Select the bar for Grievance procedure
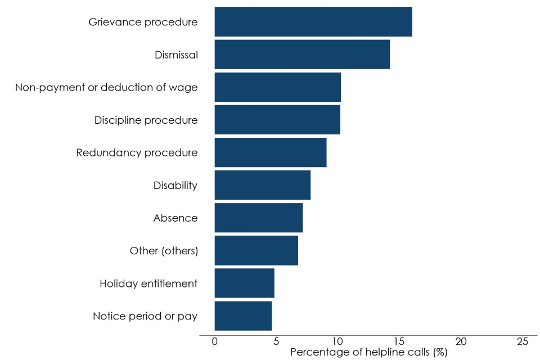click(x=313, y=22)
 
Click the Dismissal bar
click(x=302, y=55)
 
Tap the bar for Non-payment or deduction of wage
click(x=278, y=87)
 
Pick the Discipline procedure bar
click(x=277, y=120)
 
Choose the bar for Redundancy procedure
click(x=271, y=152)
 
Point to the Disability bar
click(x=263, y=185)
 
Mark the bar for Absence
click(x=259, y=218)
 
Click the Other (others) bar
click(x=256, y=250)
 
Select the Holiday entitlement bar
click(x=245, y=283)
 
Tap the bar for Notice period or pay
click(x=243, y=316)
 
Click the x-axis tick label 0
click(x=215, y=341)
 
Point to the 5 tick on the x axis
click(x=276, y=341)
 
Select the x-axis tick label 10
click(x=337, y=341)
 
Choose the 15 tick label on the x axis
click(x=399, y=341)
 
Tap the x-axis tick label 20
click(x=461, y=341)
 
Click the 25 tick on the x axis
click(x=522, y=341)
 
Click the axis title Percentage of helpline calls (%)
click(x=368, y=353)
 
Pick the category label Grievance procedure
click(x=143, y=22)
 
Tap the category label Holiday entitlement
click(x=148, y=283)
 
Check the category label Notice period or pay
click(x=145, y=316)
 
